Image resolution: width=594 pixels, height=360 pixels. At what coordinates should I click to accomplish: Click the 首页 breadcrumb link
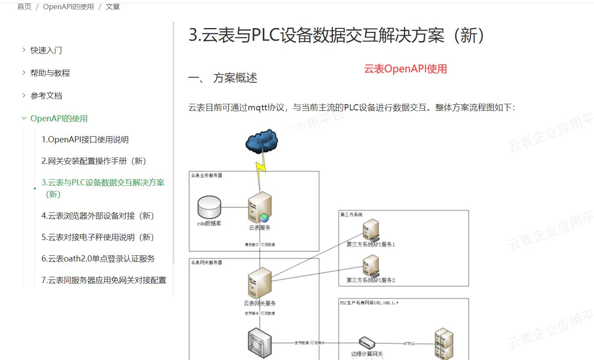click(24, 7)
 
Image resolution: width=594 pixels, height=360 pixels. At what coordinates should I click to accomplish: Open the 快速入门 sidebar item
click(46, 50)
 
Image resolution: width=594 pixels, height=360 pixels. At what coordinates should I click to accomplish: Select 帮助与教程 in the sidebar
click(50, 73)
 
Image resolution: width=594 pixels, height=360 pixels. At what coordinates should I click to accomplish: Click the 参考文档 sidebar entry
click(46, 96)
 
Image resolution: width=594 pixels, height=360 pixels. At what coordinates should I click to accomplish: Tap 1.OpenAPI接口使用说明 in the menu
click(85, 140)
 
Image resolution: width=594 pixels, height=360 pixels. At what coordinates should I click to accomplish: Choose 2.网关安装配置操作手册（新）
click(94, 161)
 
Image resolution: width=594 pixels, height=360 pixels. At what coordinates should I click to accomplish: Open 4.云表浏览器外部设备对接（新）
click(98, 216)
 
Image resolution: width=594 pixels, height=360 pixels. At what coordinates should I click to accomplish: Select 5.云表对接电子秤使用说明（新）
click(98, 237)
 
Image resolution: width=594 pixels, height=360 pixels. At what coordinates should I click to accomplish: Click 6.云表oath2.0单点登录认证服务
click(98, 259)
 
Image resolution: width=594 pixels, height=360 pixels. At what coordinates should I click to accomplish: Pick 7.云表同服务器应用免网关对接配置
click(104, 280)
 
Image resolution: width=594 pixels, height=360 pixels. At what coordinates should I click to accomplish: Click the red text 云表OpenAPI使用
click(405, 69)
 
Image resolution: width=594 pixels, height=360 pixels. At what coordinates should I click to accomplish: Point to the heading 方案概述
click(235, 78)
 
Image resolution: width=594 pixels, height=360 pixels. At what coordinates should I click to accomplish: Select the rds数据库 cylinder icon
click(209, 207)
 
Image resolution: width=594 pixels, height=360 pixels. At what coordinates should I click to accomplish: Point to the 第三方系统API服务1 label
click(371, 244)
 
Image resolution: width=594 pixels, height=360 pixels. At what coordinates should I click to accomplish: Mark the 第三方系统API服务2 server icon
click(371, 265)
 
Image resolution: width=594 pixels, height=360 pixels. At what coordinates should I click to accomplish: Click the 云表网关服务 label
click(260, 303)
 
